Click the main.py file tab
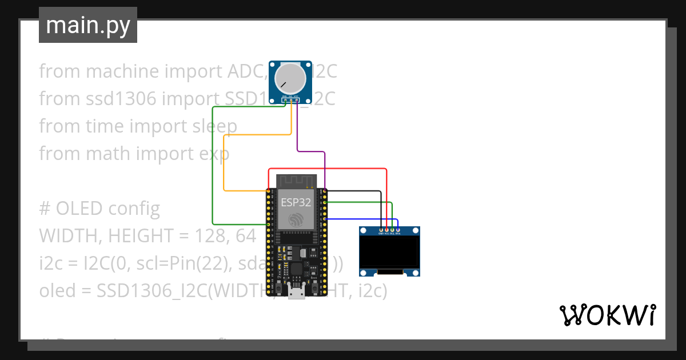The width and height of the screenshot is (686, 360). point(87,25)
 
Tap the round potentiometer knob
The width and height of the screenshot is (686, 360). point(291,78)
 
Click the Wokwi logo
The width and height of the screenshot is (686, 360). point(607,314)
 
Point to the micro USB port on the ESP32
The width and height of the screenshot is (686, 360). point(296,293)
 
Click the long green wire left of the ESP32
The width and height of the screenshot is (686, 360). point(213,171)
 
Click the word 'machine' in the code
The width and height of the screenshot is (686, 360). point(123,71)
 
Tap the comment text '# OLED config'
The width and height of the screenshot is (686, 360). point(99,209)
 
